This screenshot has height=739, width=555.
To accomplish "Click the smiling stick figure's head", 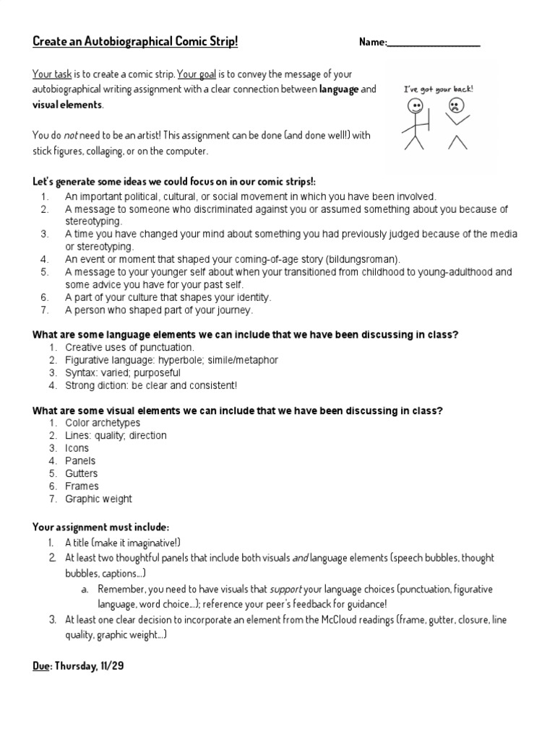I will coord(416,106).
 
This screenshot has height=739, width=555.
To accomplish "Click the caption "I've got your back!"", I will coord(439,89).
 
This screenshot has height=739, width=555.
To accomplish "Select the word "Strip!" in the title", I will coord(220,42).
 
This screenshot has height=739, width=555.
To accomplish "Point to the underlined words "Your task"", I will coord(48,73).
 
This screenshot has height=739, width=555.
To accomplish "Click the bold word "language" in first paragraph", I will coord(339,89).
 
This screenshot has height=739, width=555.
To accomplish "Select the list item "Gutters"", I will coord(82,473).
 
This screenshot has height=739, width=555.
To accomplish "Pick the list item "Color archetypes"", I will coord(103,423).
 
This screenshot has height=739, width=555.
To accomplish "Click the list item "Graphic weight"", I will coord(98,499).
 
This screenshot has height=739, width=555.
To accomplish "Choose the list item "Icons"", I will coord(77,448).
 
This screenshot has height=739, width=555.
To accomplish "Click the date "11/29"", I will coord(111,666).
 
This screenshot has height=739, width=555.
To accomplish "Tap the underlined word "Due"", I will coord(42,666).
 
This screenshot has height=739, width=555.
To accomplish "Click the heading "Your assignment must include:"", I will coord(100,527).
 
